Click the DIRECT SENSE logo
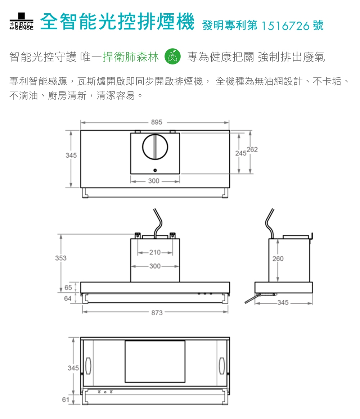[x=22, y=21]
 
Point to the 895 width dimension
[x=157, y=122]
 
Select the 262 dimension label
[x=252, y=149]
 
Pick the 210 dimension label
[x=155, y=252]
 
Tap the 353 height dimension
[x=61, y=258]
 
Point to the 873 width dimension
[x=157, y=313]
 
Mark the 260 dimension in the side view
[x=278, y=258]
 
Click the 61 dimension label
[x=66, y=400]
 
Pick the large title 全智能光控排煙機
[x=118, y=22]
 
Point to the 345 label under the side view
[x=283, y=303]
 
